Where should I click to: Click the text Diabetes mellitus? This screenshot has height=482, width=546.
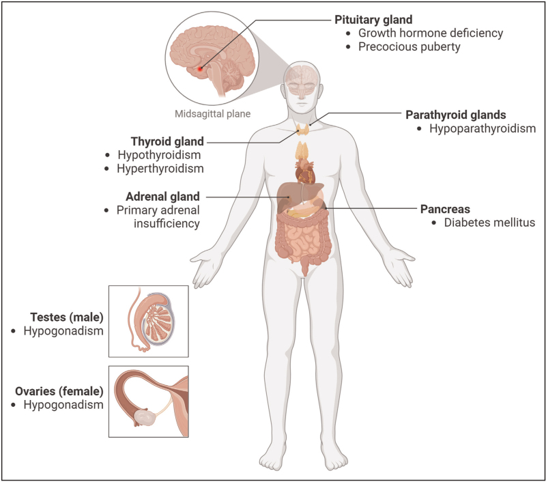tap(475, 221)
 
